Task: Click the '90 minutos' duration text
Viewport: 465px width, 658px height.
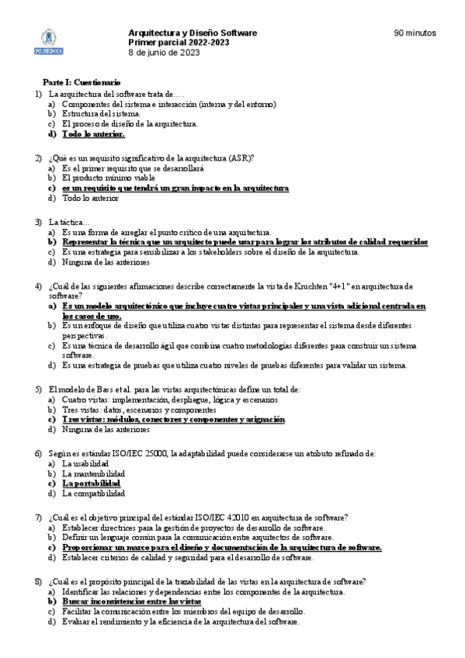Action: pos(415,33)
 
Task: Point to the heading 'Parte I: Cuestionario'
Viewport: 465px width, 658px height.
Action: pos(82,82)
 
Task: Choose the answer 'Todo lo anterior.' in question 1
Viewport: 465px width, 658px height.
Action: pos(93,133)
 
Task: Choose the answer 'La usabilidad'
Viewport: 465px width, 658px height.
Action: pos(86,463)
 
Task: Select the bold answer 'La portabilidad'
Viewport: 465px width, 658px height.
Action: pos(93,483)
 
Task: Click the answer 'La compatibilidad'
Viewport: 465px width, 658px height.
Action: pos(93,493)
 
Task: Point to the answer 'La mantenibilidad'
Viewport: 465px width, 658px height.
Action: pos(93,473)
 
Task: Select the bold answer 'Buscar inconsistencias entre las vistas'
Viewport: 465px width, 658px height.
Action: pos(132,601)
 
